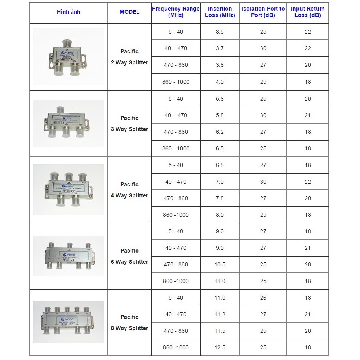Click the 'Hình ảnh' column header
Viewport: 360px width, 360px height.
(68, 12)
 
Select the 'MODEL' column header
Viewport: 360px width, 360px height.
(129, 12)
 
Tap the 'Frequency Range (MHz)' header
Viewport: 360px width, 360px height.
(176, 12)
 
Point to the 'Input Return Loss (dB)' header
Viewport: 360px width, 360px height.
(308, 12)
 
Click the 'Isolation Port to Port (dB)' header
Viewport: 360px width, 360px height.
(263, 12)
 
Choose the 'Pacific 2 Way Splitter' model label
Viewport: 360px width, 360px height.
(129, 57)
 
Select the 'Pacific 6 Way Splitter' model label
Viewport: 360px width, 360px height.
(129, 256)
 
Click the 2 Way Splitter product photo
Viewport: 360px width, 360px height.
(69, 56)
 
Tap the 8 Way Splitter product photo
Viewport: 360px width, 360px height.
(69, 322)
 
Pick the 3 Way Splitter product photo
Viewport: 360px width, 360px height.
(69, 123)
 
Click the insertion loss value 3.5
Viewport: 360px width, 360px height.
(220, 32)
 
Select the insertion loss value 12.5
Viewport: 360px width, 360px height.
(220, 347)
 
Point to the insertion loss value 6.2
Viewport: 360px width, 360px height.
(220, 132)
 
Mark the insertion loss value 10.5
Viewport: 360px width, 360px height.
(220, 264)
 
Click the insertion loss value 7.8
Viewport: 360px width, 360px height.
(220, 198)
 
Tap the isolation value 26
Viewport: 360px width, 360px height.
(263, 298)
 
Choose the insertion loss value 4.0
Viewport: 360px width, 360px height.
(220, 82)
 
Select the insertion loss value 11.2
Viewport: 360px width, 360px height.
(220, 314)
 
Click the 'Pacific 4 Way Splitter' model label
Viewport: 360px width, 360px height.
(129, 190)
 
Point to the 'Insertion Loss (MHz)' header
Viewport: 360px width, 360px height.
(220, 12)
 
